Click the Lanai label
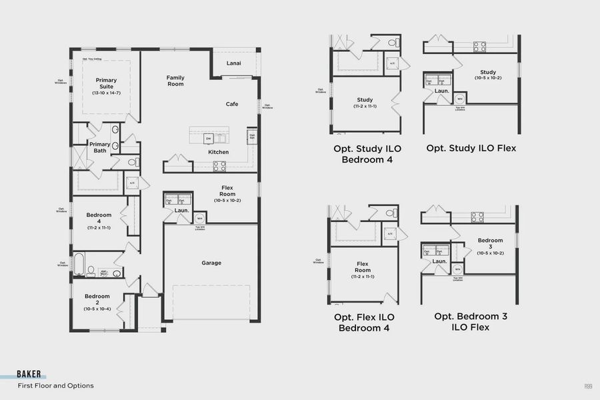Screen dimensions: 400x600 coord(233,63)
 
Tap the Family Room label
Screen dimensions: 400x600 coord(175,81)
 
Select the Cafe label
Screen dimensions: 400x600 coord(232,104)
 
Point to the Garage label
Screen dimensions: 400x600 coord(211,263)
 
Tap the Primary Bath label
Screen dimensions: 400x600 coord(100,147)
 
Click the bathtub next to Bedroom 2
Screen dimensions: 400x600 coord(79,265)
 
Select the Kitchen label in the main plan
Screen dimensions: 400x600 coord(218,152)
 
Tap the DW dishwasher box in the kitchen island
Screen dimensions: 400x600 coord(208,139)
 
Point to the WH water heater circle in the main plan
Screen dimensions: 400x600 coord(199,217)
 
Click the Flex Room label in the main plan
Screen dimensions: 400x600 coord(227,193)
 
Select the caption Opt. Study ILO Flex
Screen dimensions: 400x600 coord(471,148)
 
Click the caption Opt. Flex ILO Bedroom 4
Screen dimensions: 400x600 coord(363,322)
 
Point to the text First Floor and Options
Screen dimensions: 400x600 coord(55,385)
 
